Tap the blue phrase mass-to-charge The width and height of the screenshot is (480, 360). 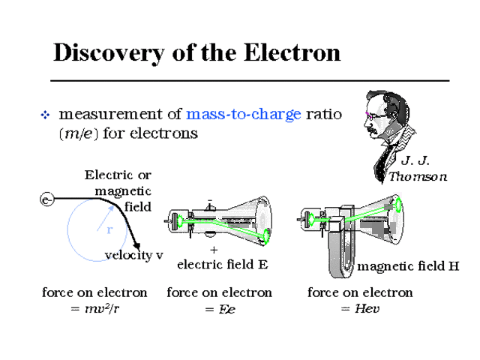click(244, 114)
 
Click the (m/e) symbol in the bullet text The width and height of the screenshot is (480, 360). click(77, 133)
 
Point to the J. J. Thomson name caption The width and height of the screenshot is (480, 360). click(417, 169)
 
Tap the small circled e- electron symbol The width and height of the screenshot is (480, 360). click(46, 199)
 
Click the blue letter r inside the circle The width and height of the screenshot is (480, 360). click(109, 230)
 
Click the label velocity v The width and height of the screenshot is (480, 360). click(133, 256)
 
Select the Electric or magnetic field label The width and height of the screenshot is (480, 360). click(120, 190)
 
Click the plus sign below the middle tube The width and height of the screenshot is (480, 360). click(214, 250)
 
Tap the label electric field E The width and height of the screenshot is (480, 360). click(222, 264)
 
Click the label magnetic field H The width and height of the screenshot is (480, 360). click(408, 266)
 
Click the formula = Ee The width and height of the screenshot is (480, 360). click(219, 309)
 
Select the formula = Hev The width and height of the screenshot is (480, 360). click(361, 309)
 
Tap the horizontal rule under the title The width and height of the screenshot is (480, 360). click(249, 79)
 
